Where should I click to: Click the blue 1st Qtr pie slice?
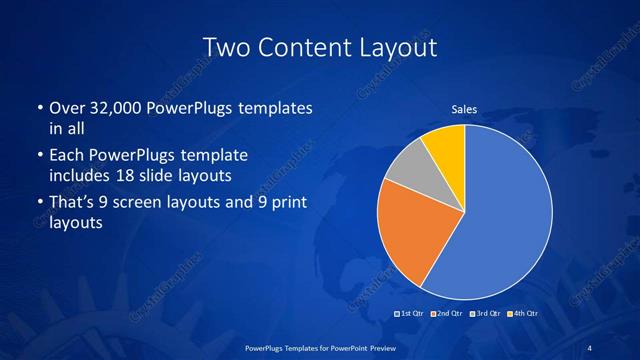(500, 220)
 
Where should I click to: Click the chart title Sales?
(464, 109)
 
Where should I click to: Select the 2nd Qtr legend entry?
(446, 314)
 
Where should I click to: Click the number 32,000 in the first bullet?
(119, 108)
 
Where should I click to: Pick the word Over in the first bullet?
(67, 108)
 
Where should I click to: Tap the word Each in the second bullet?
(67, 156)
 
